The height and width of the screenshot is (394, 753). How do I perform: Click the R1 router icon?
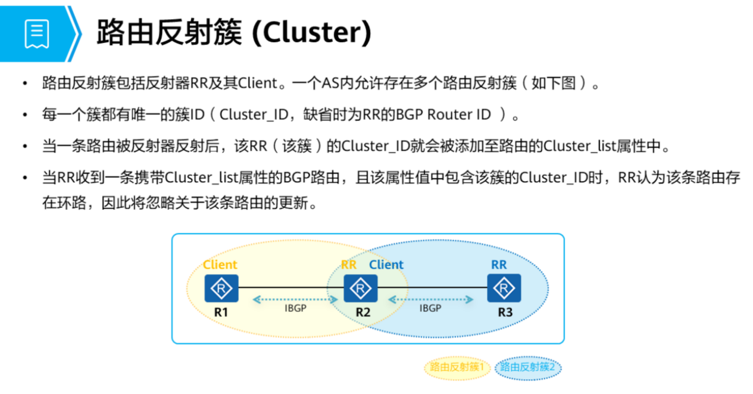[221, 288]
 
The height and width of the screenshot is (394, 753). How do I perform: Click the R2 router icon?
[361, 288]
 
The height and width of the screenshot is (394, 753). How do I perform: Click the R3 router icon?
[504, 288]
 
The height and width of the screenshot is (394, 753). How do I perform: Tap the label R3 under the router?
[505, 312]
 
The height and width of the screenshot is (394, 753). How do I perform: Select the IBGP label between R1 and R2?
[295, 308]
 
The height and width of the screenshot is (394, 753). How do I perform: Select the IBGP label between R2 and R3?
[430, 308]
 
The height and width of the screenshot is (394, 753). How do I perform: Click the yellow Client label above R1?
[220, 265]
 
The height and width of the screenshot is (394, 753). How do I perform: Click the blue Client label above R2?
[386, 265]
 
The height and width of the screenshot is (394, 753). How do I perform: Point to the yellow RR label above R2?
[349, 265]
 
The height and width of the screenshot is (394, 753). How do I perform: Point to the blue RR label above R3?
[499, 265]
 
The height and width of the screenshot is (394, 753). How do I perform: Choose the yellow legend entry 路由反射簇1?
[457, 367]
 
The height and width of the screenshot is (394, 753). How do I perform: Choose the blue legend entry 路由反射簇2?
[527, 367]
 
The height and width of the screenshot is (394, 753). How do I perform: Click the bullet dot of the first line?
[24, 83]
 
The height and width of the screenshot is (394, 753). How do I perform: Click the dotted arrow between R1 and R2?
[295, 299]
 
